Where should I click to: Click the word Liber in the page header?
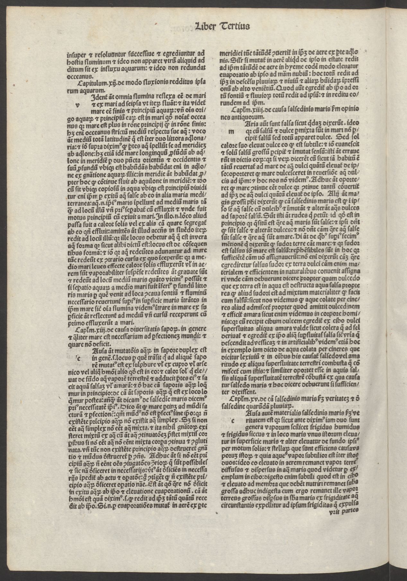click(x=207, y=26)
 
